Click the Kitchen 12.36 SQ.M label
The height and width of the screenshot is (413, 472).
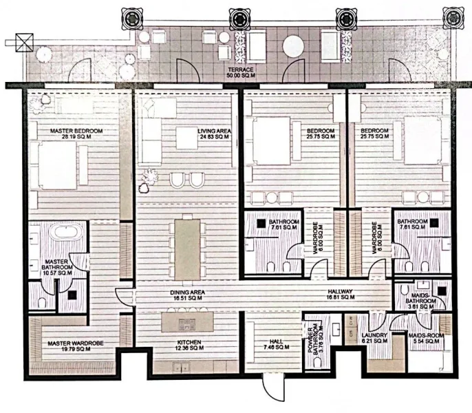pyautogui.click(x=188, y=345)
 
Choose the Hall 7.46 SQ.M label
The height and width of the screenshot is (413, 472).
pyautogui.click(x=271, y=345)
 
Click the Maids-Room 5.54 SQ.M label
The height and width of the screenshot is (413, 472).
pyautogui.click(x=427, y=339)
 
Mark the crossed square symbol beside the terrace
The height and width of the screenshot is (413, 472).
pyautogui.click(x=25, y=40)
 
